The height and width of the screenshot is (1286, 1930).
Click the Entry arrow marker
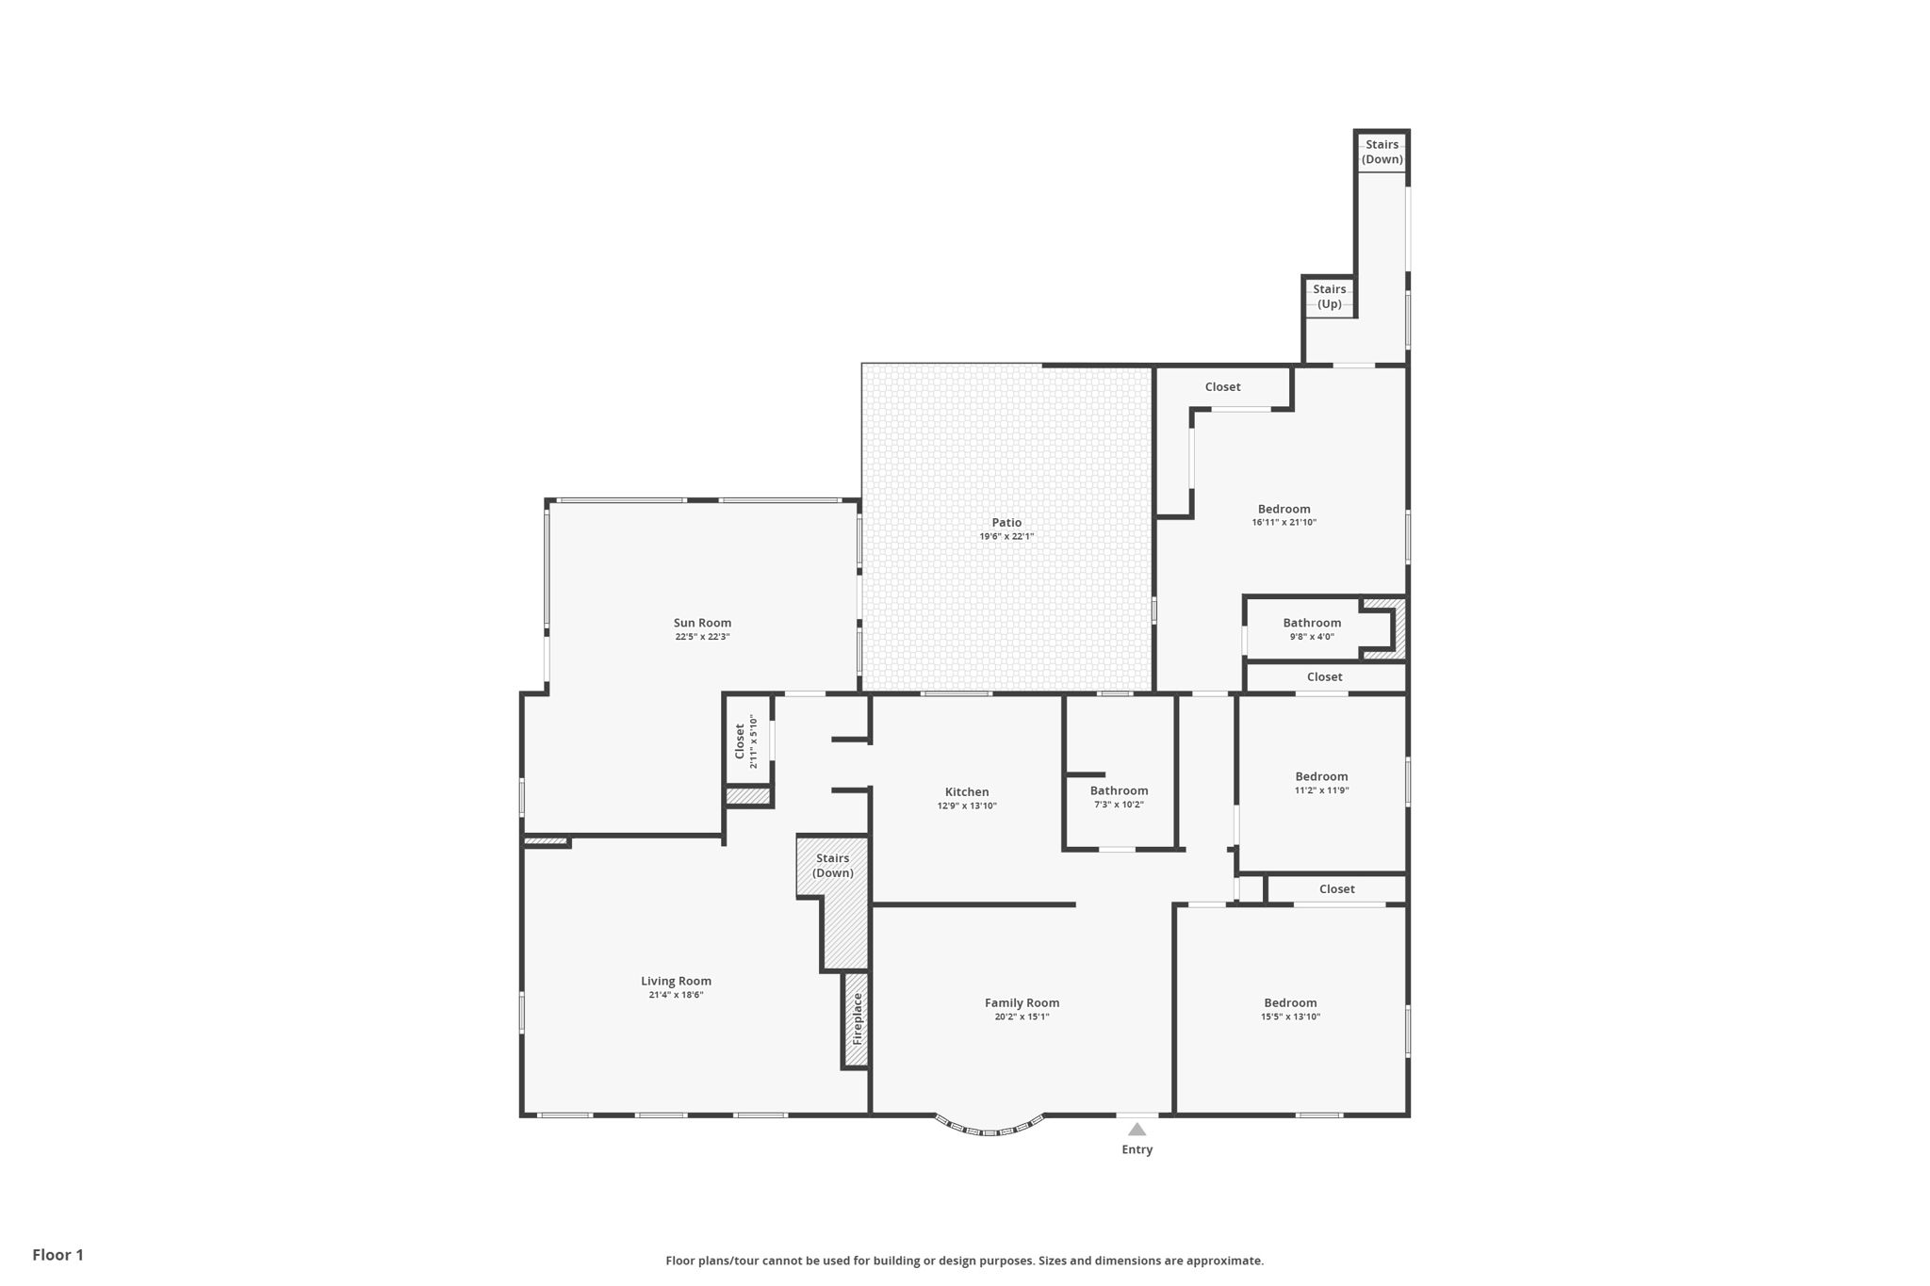1137,1129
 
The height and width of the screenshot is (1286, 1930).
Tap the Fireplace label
857,1018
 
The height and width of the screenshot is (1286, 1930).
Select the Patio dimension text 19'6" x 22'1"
1006,536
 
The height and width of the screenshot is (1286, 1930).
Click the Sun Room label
702,623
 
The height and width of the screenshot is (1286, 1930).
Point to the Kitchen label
967,791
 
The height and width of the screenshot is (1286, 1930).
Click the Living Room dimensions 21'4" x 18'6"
676,995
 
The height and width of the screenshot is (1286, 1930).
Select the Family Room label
1022,1002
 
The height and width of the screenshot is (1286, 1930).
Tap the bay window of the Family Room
990,1127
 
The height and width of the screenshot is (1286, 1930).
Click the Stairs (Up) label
1329,296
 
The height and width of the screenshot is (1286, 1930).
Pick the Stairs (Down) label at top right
1382,152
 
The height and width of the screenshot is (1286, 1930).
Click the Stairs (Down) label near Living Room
832,865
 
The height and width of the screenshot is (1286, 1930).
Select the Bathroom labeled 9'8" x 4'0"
1311,623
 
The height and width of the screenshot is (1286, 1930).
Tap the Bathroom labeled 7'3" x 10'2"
1119,790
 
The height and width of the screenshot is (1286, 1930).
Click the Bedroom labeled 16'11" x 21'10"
1284,509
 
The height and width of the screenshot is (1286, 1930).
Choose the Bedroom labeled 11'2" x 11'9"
1321,776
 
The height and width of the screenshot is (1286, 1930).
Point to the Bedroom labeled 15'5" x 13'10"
1290,1002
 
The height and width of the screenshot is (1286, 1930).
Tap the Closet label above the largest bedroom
1222,386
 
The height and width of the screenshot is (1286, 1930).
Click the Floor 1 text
57,1255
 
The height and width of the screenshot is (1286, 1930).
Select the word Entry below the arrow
1137,1149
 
